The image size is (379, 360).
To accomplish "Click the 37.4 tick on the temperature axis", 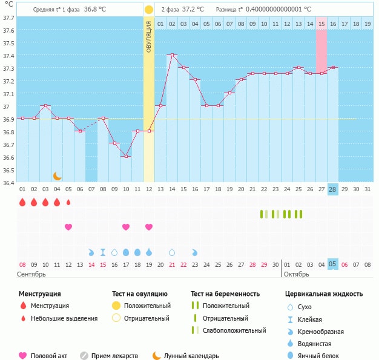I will (x=8, y=56).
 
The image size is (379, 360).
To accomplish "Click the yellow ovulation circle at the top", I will (x=149, y=10).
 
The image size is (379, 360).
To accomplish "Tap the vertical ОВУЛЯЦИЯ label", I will (x=149, y=36).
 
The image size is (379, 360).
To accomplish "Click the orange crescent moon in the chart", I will (x=58, y=175).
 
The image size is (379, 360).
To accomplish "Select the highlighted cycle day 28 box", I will (x=332, y=189).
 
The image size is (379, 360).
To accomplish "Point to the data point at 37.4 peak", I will (x=172, y=55).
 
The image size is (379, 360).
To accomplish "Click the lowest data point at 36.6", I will (x=126, y=156).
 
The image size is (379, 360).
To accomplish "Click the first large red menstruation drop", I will (x=22, y=203).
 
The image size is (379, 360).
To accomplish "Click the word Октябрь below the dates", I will (x=297, y=274).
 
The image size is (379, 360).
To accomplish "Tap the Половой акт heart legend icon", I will (x=24, y=356).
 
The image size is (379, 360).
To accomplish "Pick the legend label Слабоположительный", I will (x=234, y=330).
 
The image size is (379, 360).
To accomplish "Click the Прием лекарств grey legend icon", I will (x=84, y=356).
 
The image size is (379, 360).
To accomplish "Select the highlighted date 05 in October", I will (x=332, y=264).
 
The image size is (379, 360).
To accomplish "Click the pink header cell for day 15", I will (x=321, y=24).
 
